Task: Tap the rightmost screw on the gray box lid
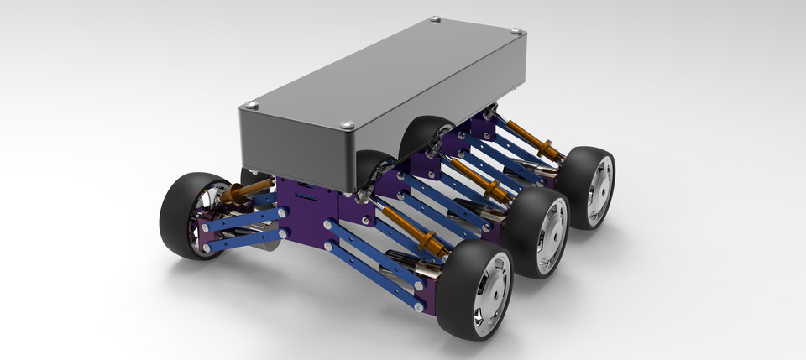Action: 516,32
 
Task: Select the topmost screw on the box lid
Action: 434,19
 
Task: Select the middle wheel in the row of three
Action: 537,232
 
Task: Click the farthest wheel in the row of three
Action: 588,187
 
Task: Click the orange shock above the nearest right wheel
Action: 416,232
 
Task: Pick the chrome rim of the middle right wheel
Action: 552,236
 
